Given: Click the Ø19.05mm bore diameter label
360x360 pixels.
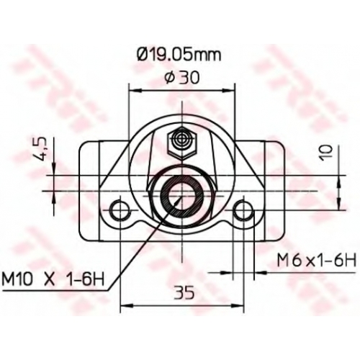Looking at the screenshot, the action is tap(179, 55).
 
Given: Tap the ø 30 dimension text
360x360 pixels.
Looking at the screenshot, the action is tap(182, 78).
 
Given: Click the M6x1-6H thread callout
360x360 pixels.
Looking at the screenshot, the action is tap(316, 260).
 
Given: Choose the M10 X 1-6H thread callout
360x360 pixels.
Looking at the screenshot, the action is tap(53, 279).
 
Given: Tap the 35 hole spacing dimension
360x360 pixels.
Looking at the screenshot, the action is tap(184, 293).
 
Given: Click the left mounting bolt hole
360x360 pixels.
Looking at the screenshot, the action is tap(120, 210).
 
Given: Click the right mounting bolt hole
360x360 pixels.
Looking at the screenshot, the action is tap(243, 210).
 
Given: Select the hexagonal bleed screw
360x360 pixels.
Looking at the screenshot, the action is tap(182, 143).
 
